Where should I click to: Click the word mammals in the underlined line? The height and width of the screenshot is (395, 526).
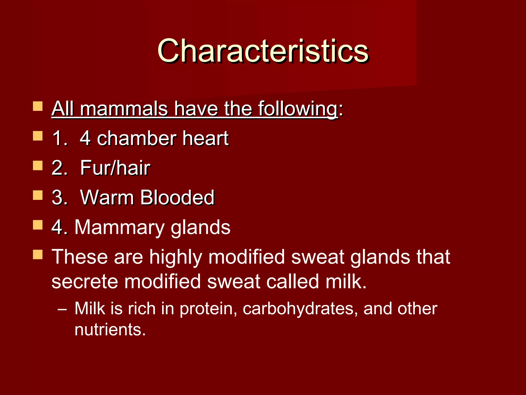click(x=124, y=109)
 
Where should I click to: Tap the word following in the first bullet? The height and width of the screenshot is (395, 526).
click(x=298, y=109)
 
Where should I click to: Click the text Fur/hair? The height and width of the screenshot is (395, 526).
click(x=115, y=168)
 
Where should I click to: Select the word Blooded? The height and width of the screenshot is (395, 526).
click(x=177, y=198)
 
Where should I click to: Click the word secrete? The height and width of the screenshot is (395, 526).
click(x=84, y=281)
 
